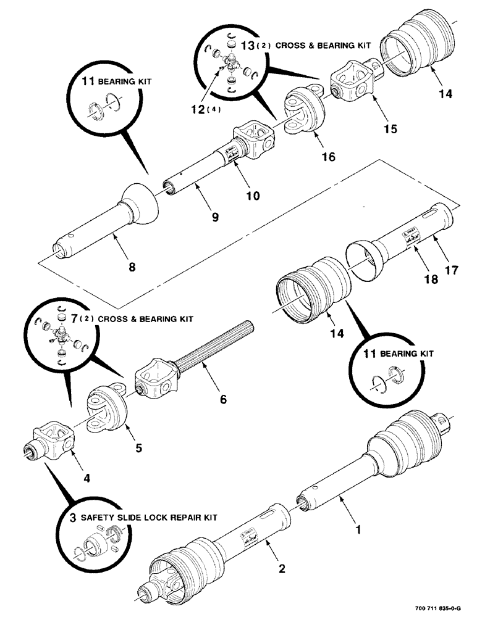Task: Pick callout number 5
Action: (x=138, y=448)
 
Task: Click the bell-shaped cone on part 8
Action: (x=143, y=204)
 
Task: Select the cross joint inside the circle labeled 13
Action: (x=230, y=62)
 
